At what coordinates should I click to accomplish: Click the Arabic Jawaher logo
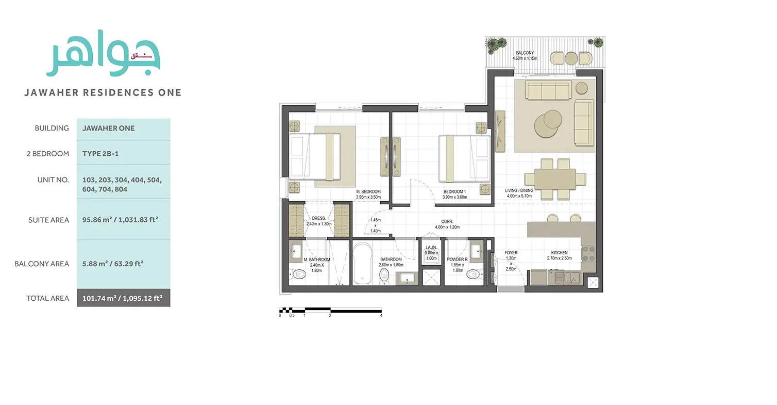point(103,57)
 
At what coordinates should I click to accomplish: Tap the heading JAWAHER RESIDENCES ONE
point(103,93)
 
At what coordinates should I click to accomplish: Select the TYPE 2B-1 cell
point(101,154)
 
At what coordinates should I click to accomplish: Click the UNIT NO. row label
point(53,180)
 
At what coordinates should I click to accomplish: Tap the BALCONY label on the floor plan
point(525,53)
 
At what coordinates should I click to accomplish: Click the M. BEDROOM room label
point(368,192)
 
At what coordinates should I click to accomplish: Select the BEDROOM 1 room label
point(454,192)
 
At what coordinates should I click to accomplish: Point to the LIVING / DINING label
point(519,191)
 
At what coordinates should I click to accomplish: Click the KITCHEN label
point(559,253)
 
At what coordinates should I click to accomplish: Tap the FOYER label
point(511,253)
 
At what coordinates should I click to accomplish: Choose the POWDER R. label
point(458,260)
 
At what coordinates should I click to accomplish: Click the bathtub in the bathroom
point(364,264)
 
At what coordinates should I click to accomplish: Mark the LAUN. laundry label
point(431,248)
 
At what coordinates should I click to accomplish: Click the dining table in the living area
point(555,180)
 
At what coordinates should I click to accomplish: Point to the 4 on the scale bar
point(381,315)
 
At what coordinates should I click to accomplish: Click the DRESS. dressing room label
point(318,219)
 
